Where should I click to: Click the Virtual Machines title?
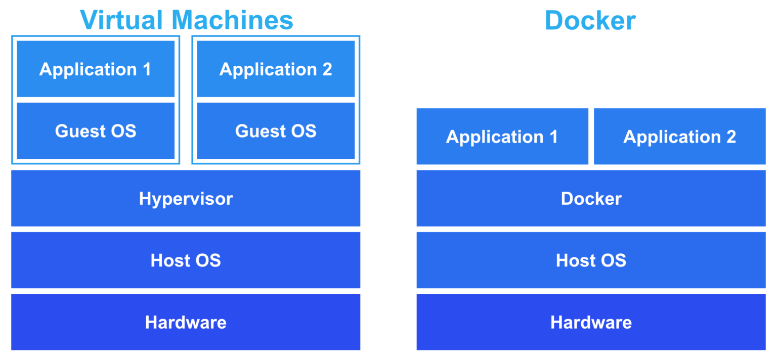tap(186, 20)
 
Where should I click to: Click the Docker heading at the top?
tap(590, 20)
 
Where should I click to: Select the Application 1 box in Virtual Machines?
tap(95, 69)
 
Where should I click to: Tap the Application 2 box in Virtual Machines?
tap(276, 69)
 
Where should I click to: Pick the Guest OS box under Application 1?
tap(95, 131)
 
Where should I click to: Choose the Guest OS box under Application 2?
tap(276, 131)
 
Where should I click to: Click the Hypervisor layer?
tap(186, 198)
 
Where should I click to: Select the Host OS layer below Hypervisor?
tap(186, 260)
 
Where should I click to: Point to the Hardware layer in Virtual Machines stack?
tap(186, 322)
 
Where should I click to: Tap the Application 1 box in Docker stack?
tap(502, 137)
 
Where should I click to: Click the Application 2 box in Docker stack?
tap(679, 137)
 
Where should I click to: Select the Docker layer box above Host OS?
tap(591, 198)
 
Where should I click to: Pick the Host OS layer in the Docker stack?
tap(591, 260)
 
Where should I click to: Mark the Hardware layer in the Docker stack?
tap(591, 322)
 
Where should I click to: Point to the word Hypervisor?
tap(186, 199)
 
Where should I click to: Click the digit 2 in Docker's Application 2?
tap(730, 137)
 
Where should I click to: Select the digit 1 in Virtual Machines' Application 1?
tap(147, 69)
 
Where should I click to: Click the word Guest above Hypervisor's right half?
tap(257, 131)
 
